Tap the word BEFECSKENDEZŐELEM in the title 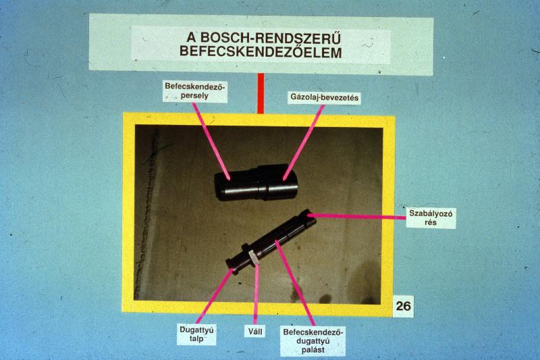pyautogui.click(x=261, y=52)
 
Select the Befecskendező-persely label pyautogui.click(x=195, y=91)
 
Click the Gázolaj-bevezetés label pyautogui.click(x=325, y=97)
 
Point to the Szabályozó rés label pyautogui.click(x=431, y=217)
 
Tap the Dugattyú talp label pyautogui.click(x=196, y=334)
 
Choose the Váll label pyautogui.click(x=255, y=332)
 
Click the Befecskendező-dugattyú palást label pyautogui.click(x=313, y=341)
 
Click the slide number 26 pyautogui.click(x=403, y=305)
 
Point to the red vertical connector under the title pyautogui.click(x=261, y=93)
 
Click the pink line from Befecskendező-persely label pyautogui.click(x=211, y=141)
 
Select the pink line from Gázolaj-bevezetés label pyautogui.click(x=303, y=142)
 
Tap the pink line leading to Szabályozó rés pyautogui.click(x=356, y=216)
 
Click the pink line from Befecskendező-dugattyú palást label pyautogui.click(x=295, y=283)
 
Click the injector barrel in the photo pyautogui.click(x=256, y=182)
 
